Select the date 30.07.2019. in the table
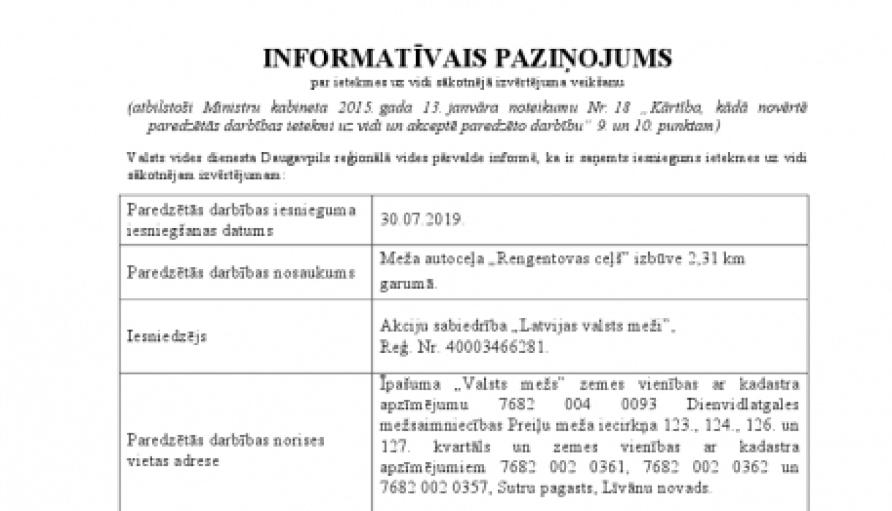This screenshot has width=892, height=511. [422, 219]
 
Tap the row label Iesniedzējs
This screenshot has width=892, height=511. [167, 336]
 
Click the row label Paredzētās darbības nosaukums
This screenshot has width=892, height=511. [241, 273]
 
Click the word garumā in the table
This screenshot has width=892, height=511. [408, 283]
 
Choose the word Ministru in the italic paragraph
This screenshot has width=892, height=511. [227, 108]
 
